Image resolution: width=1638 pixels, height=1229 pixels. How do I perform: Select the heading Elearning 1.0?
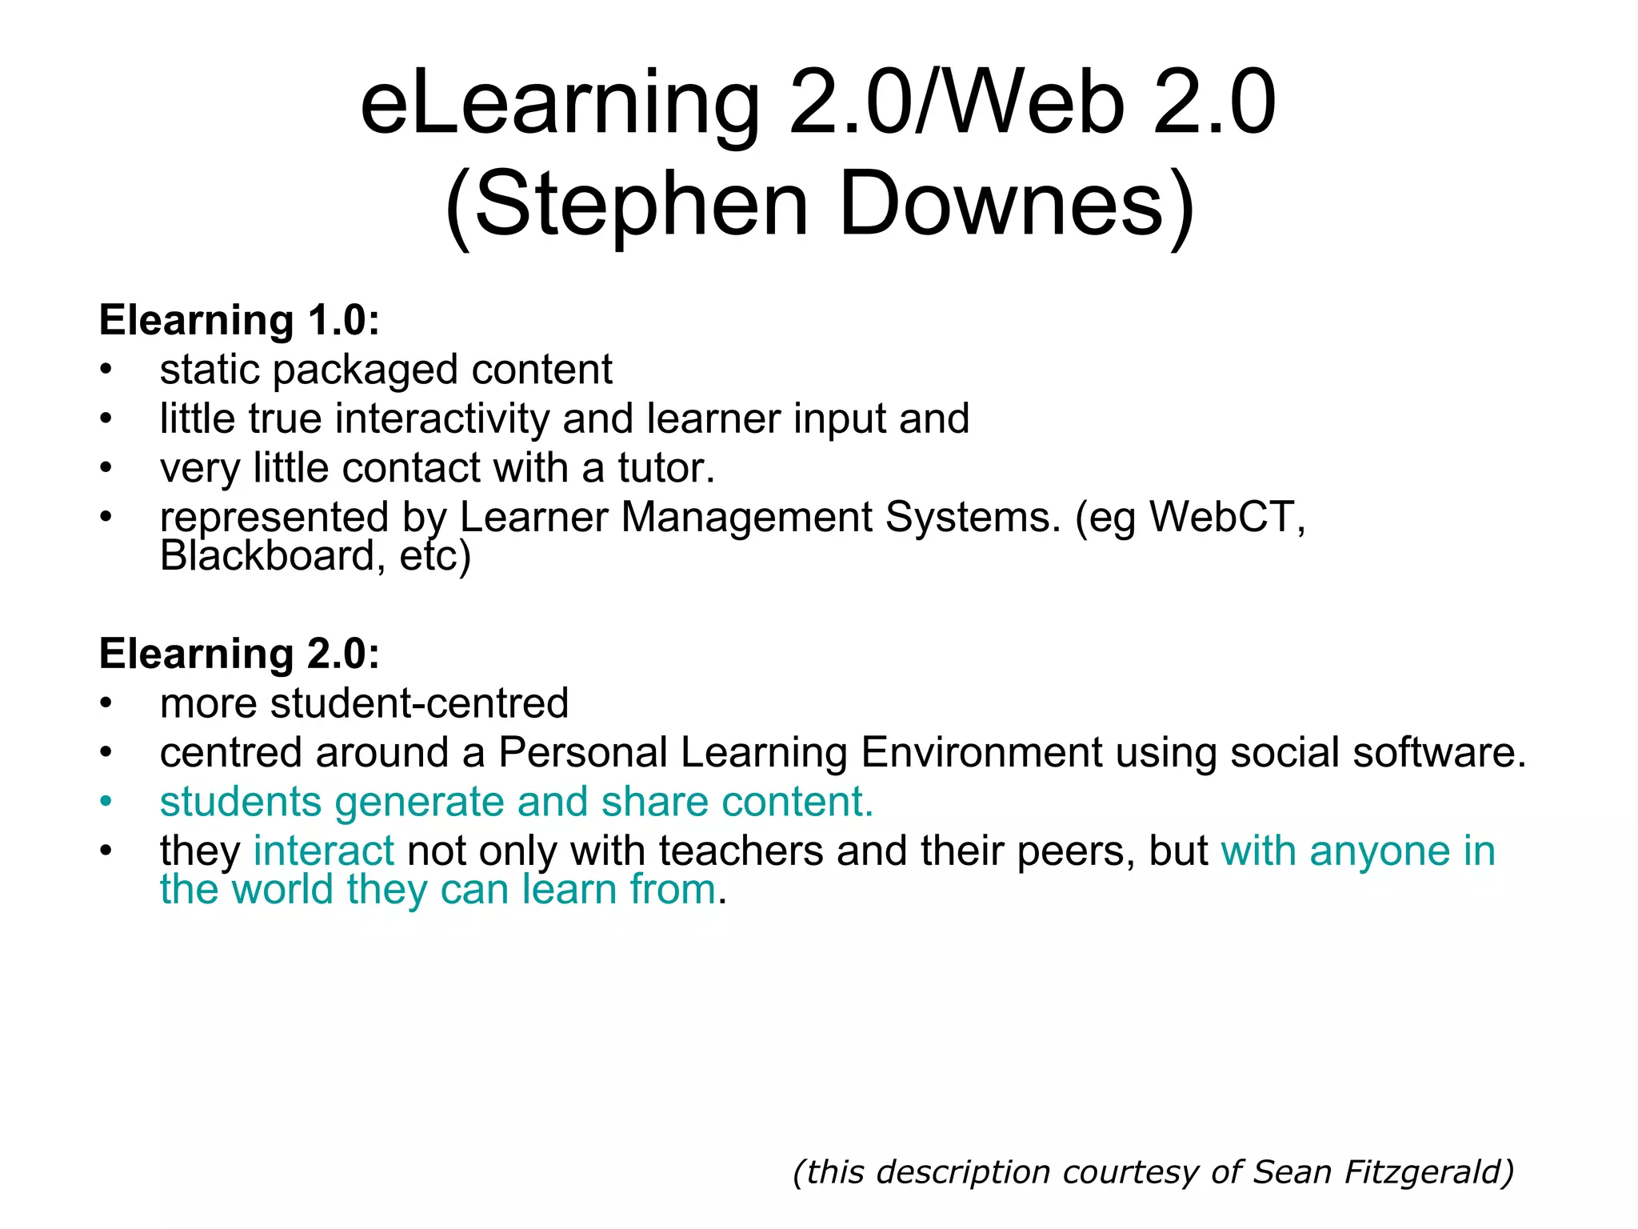(x=239, y=320)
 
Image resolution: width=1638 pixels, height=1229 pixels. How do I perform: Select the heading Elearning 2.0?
(x=239, y=654)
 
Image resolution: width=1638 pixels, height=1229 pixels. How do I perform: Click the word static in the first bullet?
(x=210, y=370)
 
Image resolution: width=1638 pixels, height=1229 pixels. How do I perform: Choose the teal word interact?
(x=324, y=851)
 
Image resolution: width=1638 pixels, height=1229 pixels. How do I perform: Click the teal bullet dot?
(x=106, y=801)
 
